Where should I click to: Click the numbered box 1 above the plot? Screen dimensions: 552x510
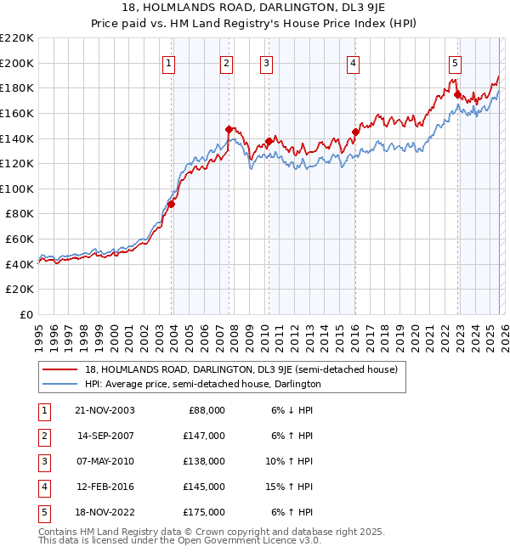click(x=168, y=63)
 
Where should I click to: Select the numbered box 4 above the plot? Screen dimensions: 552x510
click(x=352, y=63)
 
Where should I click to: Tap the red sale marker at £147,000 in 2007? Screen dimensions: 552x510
click(x=229, y=129)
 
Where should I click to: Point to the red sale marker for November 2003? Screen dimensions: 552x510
click(x=172, y=204)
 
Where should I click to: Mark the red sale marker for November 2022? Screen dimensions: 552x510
click(x=456, y=94)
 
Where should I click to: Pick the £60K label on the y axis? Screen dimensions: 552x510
click(x=20, y=239)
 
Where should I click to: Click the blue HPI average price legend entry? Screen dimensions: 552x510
click(x=202, y=384)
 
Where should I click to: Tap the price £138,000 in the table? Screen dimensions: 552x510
click(x=205, y=461)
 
